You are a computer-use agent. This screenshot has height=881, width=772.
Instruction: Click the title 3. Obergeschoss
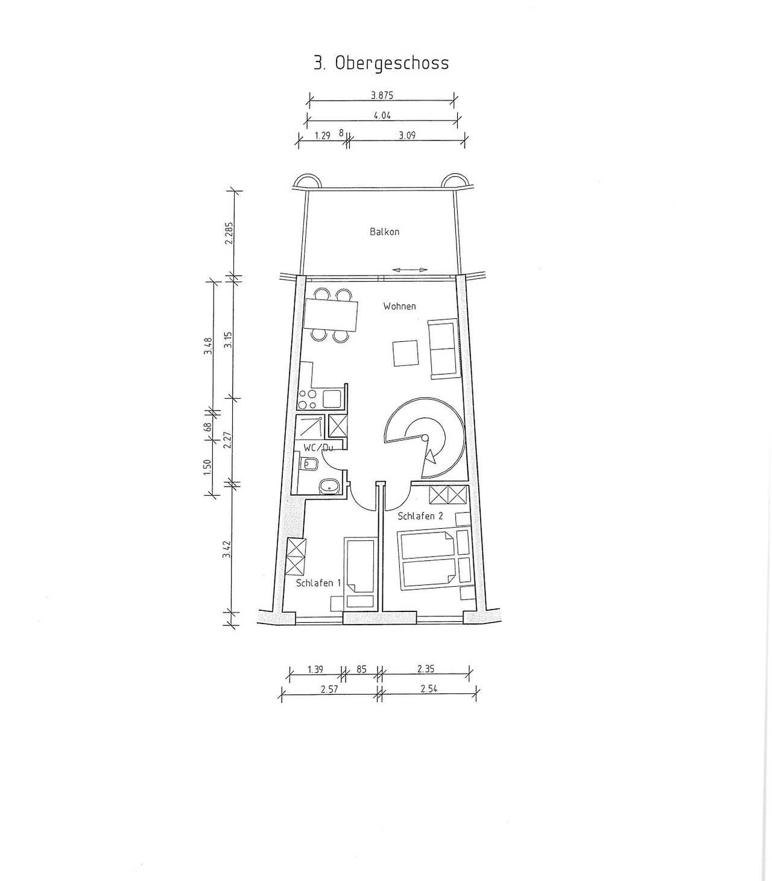[381, 63]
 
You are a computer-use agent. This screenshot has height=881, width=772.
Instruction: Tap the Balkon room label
[384, 232]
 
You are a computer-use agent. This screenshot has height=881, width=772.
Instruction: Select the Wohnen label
[399, 306]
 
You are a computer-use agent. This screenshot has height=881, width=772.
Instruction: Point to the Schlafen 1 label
[318, 583]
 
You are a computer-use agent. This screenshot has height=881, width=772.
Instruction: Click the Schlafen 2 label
[420, 516]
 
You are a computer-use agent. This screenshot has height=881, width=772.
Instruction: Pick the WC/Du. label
[319, 447]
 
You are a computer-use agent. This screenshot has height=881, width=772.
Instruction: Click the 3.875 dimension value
[382, 95]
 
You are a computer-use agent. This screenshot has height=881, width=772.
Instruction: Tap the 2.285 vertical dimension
[229, 233]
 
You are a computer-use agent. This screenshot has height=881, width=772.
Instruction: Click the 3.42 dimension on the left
[227, 549]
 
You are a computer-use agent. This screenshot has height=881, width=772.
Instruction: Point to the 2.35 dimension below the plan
[426, 668]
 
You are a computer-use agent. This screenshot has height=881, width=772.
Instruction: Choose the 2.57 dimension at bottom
[329, 689]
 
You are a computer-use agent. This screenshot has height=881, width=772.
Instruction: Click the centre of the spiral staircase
[425, 437]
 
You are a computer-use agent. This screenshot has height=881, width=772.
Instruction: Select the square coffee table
[405, 353]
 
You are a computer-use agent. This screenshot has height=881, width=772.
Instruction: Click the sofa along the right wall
[442, 350]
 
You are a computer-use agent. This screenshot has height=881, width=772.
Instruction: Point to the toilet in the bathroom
[310, 464]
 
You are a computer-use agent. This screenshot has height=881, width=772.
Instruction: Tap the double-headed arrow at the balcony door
[410, 270]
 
